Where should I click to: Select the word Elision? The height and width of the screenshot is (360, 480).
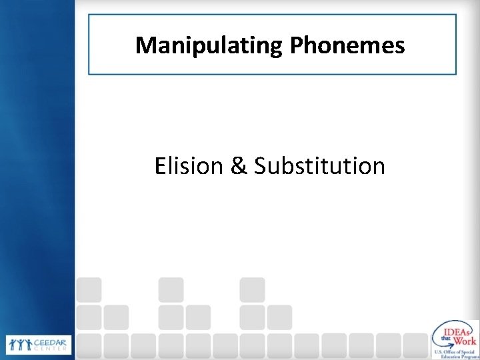pos(187,165)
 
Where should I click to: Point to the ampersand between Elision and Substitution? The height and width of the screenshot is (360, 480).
pos(239,165)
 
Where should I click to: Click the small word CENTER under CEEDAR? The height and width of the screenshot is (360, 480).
pos(45,348)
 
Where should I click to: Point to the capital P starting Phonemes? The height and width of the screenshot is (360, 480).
pos(298,45)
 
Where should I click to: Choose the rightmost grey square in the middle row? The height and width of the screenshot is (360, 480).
pos(280,317)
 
